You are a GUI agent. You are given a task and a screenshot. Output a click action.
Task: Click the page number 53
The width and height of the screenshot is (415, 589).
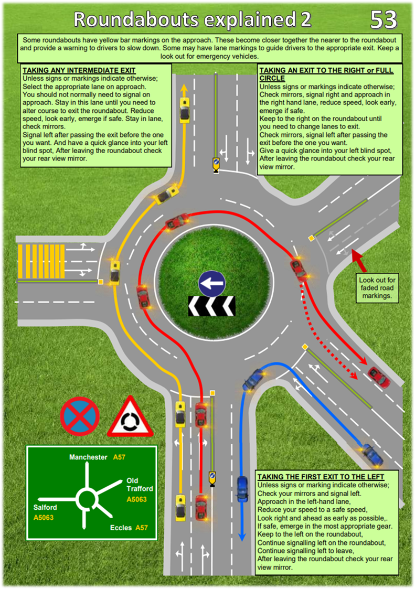[384, 19]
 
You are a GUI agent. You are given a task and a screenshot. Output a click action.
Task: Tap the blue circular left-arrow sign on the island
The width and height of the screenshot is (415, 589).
[212, 284]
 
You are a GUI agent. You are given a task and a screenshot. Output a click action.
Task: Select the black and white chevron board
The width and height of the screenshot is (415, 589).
[211, 306]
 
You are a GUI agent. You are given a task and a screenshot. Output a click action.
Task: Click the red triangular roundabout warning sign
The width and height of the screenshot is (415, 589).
[131, 416]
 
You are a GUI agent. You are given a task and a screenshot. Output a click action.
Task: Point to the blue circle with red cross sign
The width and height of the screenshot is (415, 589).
[80, 416]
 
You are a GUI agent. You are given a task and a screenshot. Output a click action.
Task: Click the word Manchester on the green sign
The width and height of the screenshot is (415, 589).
[88, 457]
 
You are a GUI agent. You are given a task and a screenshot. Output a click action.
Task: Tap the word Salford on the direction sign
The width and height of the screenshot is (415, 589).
[45, 507]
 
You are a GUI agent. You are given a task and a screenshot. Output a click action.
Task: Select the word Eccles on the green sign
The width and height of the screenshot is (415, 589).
[121, 528]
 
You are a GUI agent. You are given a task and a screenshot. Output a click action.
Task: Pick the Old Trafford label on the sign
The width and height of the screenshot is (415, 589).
[140, 485]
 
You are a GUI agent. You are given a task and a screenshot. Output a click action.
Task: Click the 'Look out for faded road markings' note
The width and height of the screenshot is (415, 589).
[377, 288]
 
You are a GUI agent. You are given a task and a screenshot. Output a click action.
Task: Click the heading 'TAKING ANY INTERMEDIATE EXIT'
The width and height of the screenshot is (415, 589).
[79, 70]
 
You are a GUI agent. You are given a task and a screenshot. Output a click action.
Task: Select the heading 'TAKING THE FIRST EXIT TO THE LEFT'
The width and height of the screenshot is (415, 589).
[321, 477]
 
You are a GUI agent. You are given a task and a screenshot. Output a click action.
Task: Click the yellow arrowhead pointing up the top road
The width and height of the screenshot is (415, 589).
[184, 90]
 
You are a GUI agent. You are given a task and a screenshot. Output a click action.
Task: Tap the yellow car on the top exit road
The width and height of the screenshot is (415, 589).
[185, 110]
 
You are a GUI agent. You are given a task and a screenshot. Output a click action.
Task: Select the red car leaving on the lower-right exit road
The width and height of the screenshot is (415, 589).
[379, 377]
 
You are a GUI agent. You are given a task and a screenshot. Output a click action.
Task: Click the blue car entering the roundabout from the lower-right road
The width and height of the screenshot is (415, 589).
[254, 379]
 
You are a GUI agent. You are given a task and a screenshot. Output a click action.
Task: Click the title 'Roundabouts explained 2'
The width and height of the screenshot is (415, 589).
[193, 19]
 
